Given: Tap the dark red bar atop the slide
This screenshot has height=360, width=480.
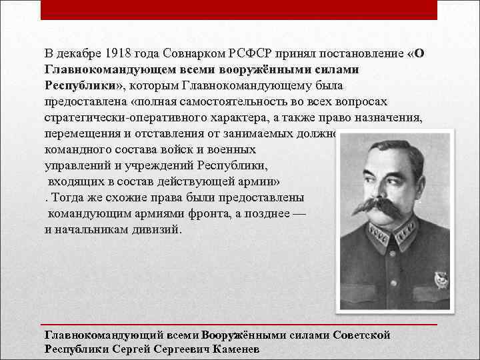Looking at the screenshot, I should [x=239, y=10].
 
